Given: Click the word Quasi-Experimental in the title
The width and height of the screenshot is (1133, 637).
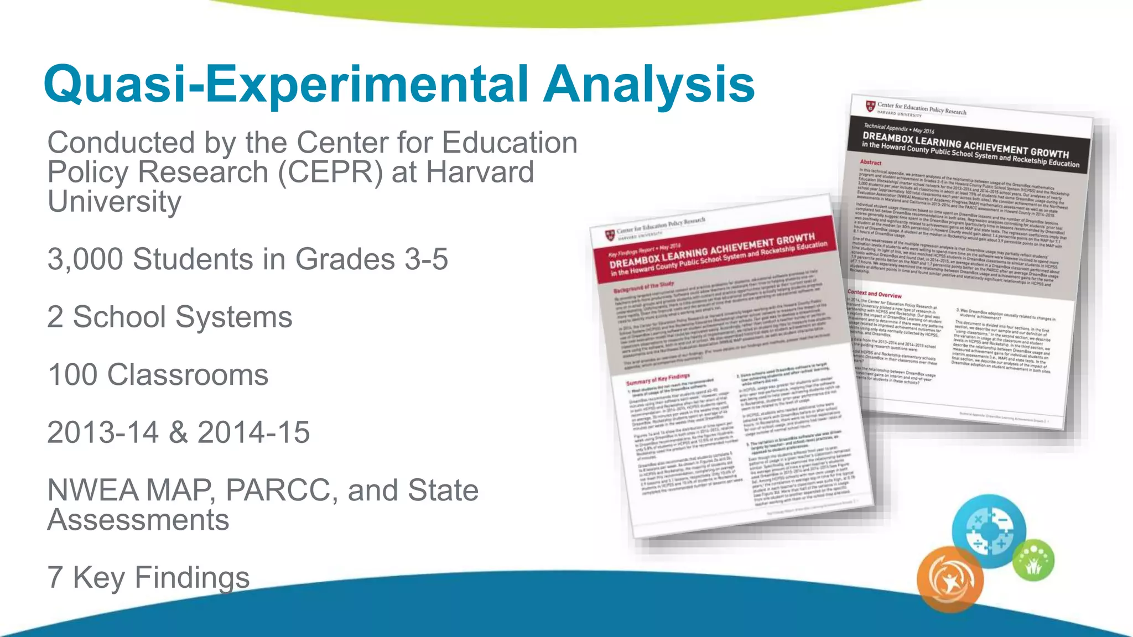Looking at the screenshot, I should click(x=288, y=84).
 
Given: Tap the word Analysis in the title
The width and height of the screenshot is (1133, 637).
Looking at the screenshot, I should click(x=648, y=84).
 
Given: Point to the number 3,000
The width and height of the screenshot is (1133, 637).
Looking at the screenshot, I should click(x=85, y=259).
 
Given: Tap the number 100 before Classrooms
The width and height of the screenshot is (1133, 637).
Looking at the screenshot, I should click(x=73, y=375).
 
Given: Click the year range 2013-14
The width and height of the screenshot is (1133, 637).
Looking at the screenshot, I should click(x=103, y=432).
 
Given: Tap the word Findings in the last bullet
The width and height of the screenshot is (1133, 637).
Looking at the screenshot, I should click(x=192, y=577).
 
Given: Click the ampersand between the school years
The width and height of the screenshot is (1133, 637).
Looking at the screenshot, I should click(x=178, y=432).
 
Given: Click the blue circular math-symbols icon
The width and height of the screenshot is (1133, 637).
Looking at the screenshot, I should click(x=989, y=531).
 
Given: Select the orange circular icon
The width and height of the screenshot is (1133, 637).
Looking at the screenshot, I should click(x=950, y=579).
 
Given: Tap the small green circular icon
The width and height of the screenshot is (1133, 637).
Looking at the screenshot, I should click(x=1033, y=560).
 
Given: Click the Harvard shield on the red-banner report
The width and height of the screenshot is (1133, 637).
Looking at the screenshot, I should click(x=609, y=235).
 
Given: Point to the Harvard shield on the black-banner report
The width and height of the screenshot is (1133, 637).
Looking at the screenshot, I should click(x=870, y=106).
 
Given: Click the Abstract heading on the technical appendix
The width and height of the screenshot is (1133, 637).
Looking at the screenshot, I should click(x=871, y=163).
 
